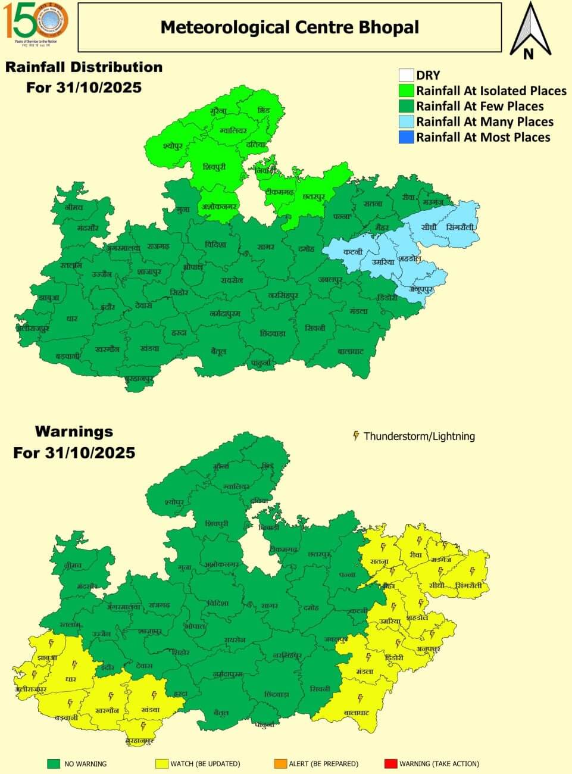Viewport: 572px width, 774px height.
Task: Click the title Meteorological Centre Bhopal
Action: pyautogui.click(x=290, y=27)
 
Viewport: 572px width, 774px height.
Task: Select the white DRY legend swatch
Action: pyautogui.click(x=406, y=75)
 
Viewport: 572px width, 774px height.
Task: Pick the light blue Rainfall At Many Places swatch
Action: pyautogui.click(x=406, y=121)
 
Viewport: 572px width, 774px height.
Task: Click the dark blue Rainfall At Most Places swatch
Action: pyautogui.click(x=406, y=137)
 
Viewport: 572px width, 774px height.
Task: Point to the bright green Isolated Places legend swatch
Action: pyautogui.click(x=406, y=90)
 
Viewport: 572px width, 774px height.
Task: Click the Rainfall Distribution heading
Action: pyautogui.click(x=84, y=67)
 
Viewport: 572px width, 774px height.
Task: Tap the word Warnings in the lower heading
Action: pyautogui.click(x=74, y=431)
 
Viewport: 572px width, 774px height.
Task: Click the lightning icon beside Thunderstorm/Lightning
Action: pyautogui.click(x=356, y=436)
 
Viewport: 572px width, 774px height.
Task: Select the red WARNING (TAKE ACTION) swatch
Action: pyautogui.click(x=390, y=763)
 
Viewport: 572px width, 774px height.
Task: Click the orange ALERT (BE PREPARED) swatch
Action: pyautogui.click(x=280, y=763)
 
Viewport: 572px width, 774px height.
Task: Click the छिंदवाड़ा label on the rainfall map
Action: pyautogui.click(x=273, y=333)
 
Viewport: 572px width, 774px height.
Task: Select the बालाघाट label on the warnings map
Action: pyautogui.click(x=357, y=712)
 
